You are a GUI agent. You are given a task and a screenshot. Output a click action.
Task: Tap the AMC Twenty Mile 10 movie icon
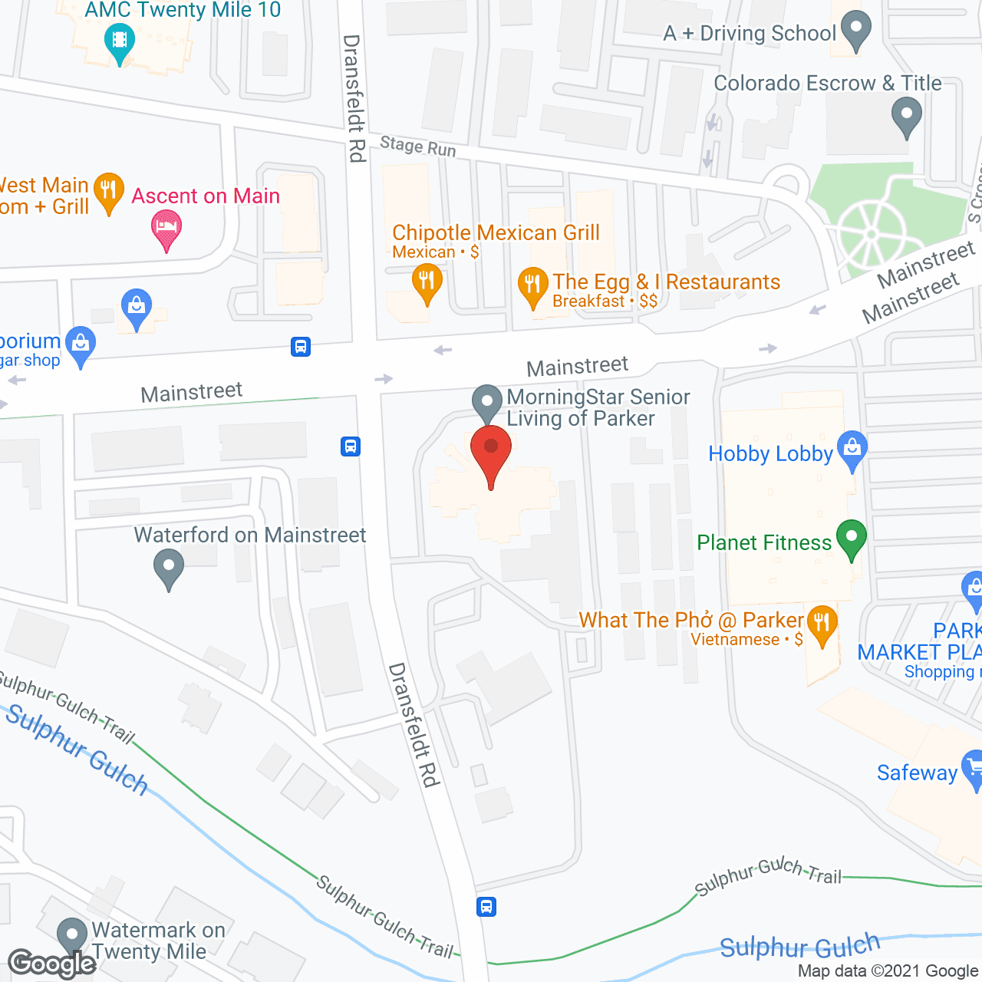click(119, 38)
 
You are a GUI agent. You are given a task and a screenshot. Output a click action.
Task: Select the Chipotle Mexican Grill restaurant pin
click(427, 282)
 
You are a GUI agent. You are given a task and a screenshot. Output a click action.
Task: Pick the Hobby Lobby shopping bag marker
click(852, 449)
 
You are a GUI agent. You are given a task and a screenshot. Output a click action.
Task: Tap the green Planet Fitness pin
click(851, 538)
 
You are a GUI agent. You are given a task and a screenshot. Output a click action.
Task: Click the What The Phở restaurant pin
click(822, 623)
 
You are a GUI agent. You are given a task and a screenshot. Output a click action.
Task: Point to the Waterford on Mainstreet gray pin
click(168, 568)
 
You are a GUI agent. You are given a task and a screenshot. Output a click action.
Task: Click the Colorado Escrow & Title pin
click(907, 117)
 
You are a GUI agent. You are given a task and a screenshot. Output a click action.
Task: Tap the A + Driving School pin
click(855, 29)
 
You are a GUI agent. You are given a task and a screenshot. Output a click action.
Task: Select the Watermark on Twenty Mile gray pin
click(72, 936)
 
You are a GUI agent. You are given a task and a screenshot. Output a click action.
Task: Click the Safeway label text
click(917, 773)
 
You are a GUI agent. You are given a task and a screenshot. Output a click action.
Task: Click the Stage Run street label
click(417, 146)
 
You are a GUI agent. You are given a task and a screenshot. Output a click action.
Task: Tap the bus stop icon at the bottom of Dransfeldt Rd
click(486, 907)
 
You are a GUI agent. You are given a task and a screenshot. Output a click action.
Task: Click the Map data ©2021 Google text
click(888, 971)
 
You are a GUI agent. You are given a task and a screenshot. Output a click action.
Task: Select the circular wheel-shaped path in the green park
click(872, 234)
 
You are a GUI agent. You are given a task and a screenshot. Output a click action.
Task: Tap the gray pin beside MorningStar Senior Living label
click(486, 402)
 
